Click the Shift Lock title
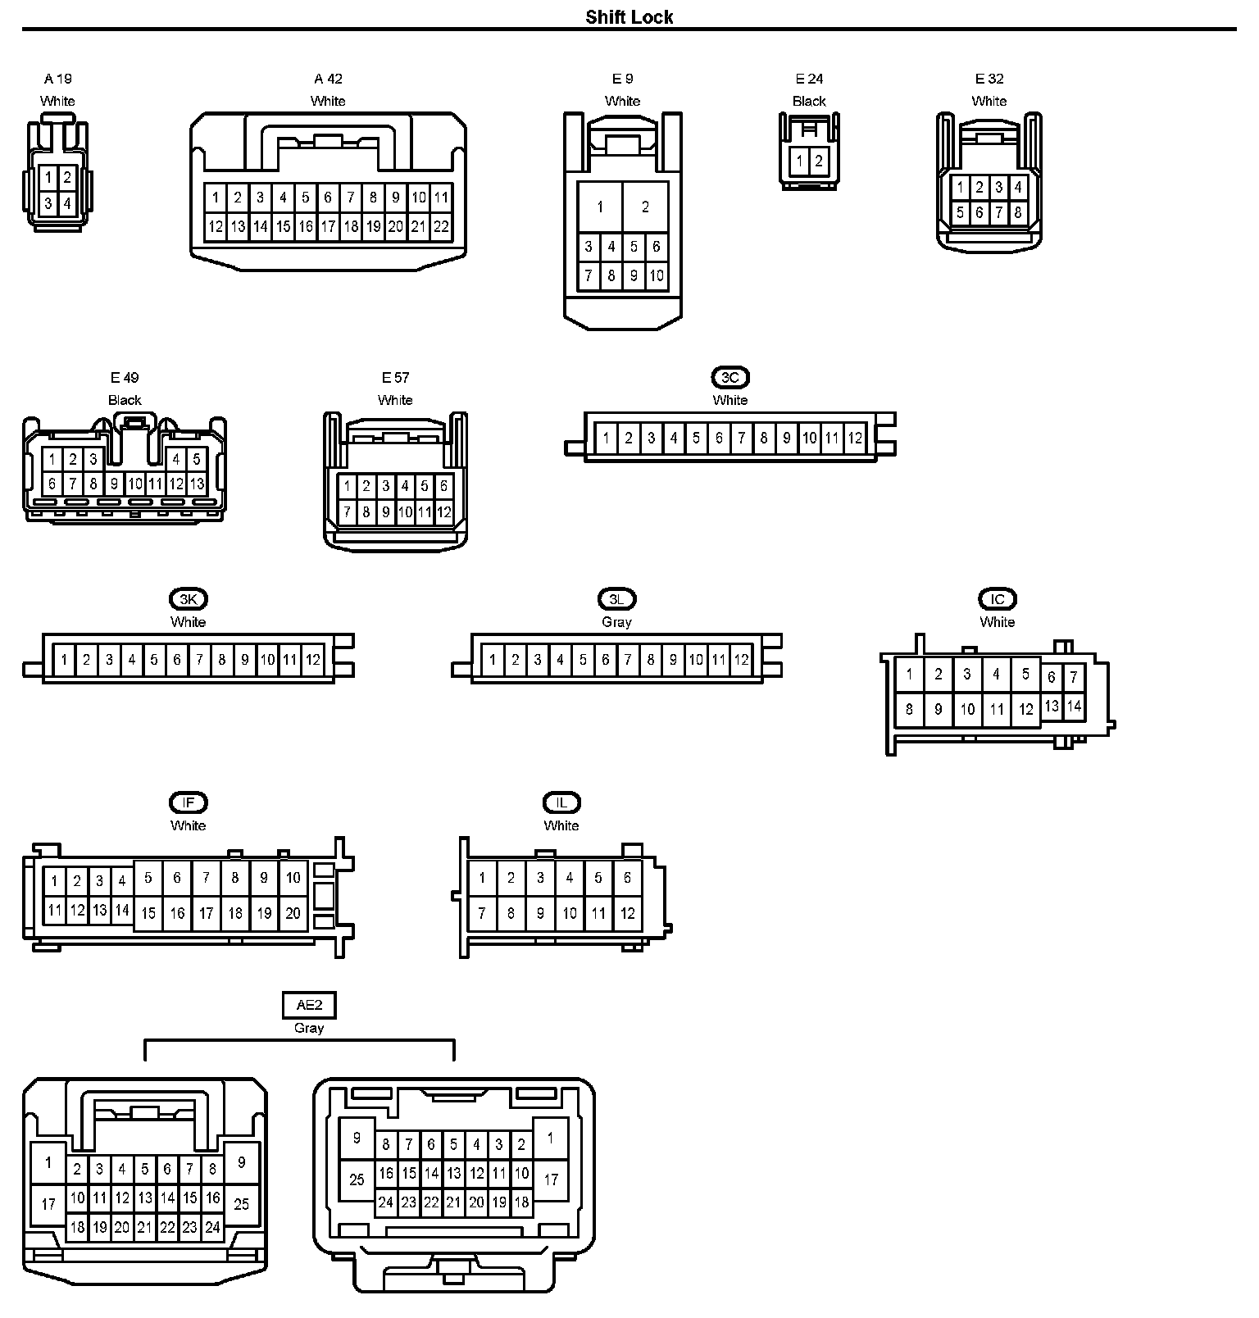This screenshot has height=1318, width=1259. (x=629, y=17)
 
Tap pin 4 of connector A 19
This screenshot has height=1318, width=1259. (x=67, y=202)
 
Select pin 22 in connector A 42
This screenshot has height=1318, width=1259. (x=441, y=226)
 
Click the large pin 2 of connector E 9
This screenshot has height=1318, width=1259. (x=645, y=207)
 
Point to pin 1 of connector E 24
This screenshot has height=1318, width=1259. (x=799, y=161)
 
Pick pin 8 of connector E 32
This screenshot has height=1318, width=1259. (x=1018, y=212)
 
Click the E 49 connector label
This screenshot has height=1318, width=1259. (x=125, y=378)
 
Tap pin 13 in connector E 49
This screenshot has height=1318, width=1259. (x=197, y=484)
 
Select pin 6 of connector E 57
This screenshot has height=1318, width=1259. (x=443, y=486)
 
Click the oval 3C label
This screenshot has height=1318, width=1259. (x=729, y=378)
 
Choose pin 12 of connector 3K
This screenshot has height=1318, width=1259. (x=313, y=660)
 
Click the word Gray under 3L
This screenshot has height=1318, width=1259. (x=616, y=622)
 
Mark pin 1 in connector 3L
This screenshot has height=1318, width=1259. (x=492, y=660)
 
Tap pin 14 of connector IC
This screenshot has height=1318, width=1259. (x=1074, y=706)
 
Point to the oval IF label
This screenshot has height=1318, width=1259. (x=188, y=802)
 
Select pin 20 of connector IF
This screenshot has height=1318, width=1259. (x=293, y=913)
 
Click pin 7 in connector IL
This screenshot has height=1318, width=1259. (x=482, y=913)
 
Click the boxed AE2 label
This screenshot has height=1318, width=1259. (x=309, y=1005)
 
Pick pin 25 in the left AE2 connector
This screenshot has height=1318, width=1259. (x=242, y=1204)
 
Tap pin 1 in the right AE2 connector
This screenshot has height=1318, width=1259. (x=551, y=1138)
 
